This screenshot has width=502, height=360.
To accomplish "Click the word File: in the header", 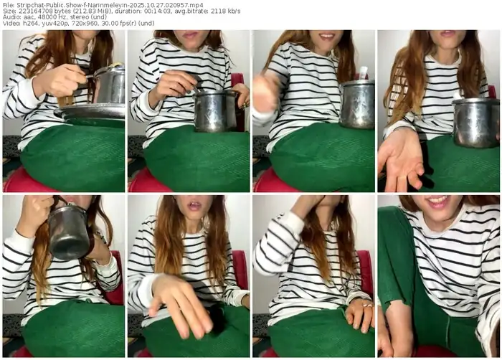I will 10,4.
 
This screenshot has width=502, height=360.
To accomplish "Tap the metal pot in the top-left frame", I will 110,86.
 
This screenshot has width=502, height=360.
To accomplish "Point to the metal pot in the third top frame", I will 356,104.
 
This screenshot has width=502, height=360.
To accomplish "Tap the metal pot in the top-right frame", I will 475,122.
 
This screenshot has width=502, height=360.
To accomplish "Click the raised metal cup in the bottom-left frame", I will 69,233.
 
